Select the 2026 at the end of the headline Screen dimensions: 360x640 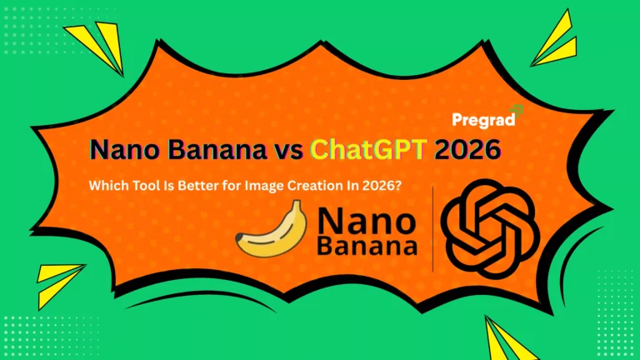coord(467,150)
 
